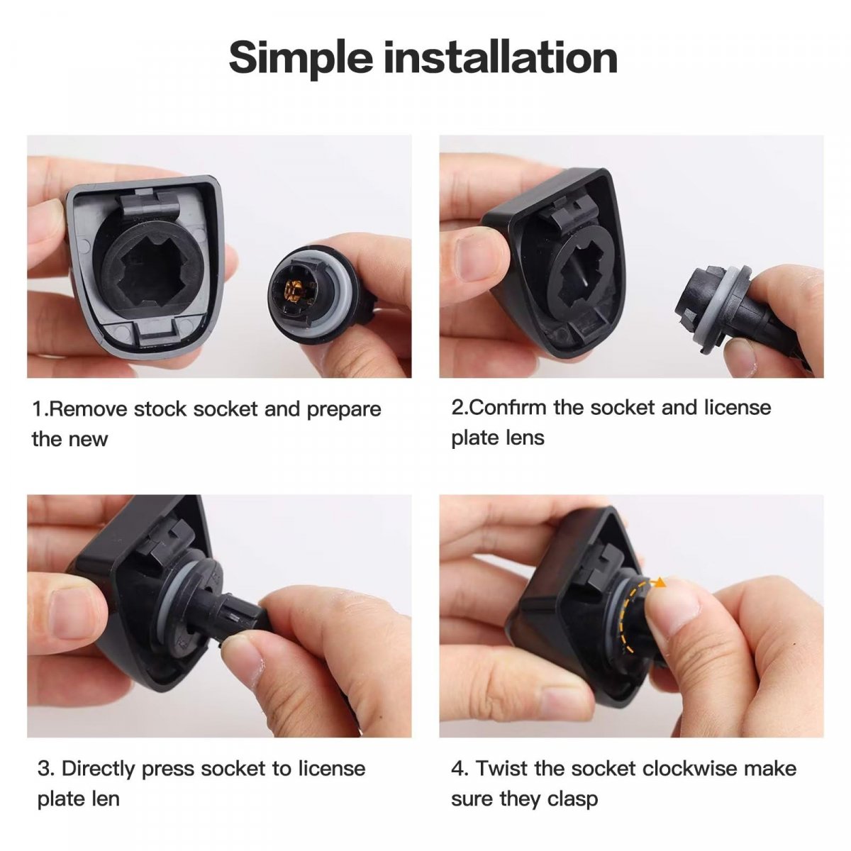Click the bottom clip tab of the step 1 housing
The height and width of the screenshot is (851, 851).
pos(156,331)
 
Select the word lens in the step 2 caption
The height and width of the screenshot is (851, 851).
pos(525,438)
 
